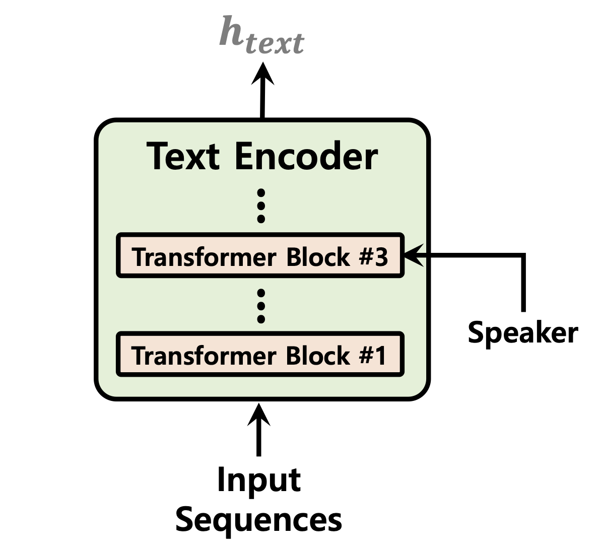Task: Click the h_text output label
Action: click(262, 35)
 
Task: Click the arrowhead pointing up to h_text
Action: click(263, 74)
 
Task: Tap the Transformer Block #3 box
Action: click(260, 256)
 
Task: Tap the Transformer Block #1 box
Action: click(260, 355)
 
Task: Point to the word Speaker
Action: click(522, 332)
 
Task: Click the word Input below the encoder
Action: click(258, 479)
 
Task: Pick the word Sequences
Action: click(258, 520)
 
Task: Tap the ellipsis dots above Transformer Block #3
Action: click(260, 205)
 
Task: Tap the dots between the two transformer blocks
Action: click(260, 305)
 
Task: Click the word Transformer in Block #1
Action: click(204, 356)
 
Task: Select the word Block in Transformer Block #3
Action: click(317, 257)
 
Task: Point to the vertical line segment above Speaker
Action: click(523, 285)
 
